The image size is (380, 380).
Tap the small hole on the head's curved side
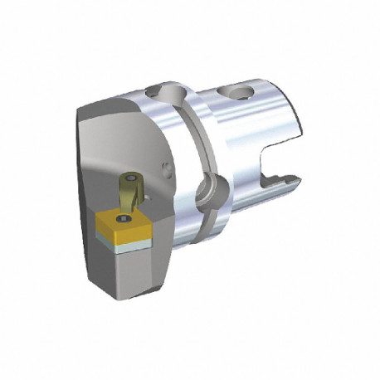[168, 171]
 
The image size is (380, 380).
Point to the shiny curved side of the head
[166, 224]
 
